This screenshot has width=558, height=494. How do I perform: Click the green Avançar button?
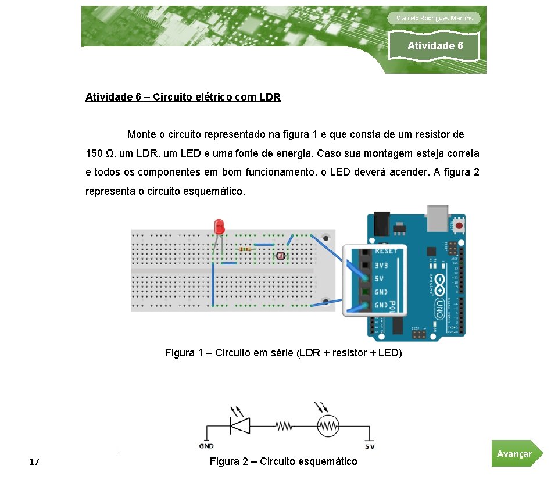pyautogui.click(x=516, y=453)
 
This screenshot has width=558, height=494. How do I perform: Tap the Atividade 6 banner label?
pyautogui.click(x=435, y=46)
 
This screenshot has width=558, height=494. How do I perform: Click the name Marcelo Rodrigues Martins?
pyautogui.click(x=434, y=18)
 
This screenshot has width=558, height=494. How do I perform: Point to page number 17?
pyautogui.click(x=34, y=462)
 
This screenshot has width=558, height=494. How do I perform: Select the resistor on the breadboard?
pyautogui.click(x=245, y=249)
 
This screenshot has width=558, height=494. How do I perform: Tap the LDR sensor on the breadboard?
pyautogui.click(x=280, y=255)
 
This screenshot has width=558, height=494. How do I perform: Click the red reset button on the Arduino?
pyautogui.click(x=460, y=225)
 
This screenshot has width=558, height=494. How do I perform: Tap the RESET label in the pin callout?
pyautogui.click(x=387, y=250)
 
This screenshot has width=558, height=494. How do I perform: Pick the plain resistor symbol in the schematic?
pyautogui.click(x=284, y=426)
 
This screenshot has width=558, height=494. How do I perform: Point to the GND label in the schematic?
pyautogui.click(x=206, y=446)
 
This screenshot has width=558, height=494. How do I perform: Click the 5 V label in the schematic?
pyautogui.click(x=370, y=447)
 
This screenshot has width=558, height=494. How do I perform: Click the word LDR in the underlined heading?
pyautogui.click(x=269, y=97)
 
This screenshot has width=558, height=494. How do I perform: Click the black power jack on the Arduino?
pyautogui.click(x=381, y=220)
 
